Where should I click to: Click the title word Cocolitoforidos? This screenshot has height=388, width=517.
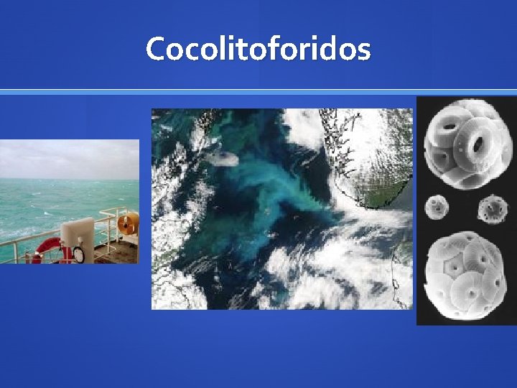[258, 49]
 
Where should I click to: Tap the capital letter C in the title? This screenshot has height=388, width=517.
[156, 49]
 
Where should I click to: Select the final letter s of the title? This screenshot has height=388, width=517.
[363, 51]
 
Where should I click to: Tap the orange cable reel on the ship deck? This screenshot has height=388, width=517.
[128, 224]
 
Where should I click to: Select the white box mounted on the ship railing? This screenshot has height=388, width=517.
[78, 234]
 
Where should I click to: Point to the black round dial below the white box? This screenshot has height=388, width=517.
[78, 254]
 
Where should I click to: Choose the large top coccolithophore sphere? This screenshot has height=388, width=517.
[460, 144]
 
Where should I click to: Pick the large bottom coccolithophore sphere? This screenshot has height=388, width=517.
[460, 274]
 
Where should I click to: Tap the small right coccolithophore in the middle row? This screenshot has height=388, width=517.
[492, 208]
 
